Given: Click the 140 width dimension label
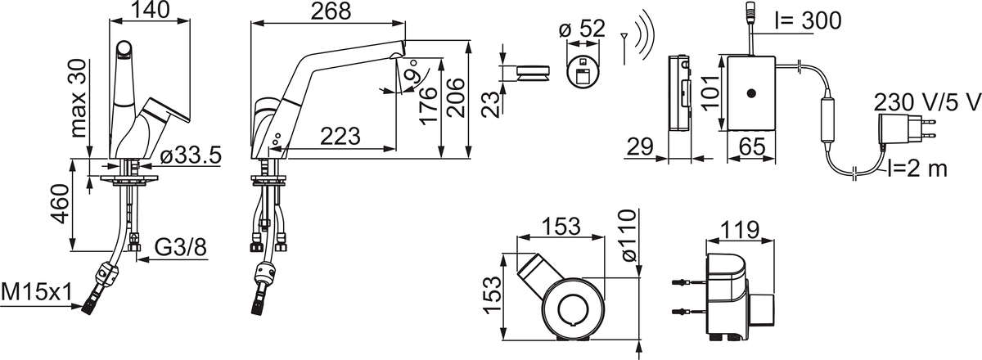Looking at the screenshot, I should click(151, 11).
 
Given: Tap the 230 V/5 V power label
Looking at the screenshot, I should click(926, 103).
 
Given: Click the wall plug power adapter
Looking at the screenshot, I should click(898, 132).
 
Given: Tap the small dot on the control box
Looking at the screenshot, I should click(749, 95).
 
